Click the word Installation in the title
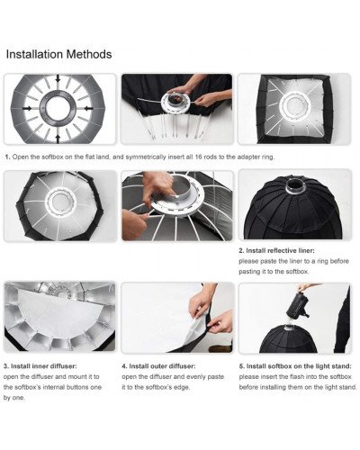tap(36, 54)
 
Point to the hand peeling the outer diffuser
tap(206, 296)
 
